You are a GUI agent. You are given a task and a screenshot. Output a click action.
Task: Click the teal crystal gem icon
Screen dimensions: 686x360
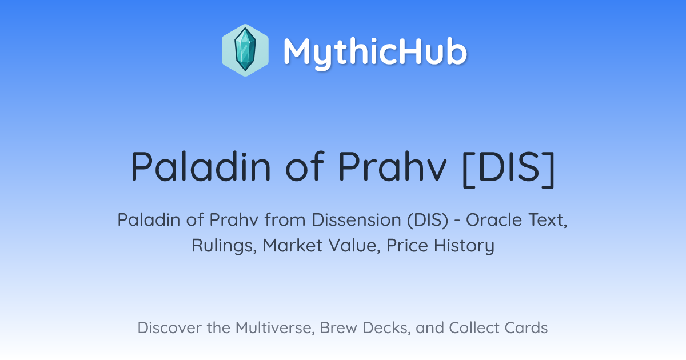tap(245, 50)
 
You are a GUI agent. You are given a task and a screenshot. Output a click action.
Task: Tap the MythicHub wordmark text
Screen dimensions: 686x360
tap(376, 52)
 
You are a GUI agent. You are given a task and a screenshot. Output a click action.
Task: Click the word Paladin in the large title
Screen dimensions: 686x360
tap(201, 167)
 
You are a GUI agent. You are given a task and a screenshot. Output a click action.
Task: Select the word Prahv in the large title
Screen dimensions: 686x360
tap(392, 167)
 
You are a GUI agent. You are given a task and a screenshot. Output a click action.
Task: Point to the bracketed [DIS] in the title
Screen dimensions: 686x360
tap(509, 169)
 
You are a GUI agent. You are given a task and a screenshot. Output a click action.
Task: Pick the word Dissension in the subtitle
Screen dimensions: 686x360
tap(357, 220)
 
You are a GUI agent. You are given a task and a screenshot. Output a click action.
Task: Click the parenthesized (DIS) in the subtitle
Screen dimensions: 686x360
tap(428, 220)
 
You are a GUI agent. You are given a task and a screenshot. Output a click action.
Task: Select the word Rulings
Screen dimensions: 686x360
tap(224, 246)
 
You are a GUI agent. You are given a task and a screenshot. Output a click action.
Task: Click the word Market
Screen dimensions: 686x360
tap(293, 245)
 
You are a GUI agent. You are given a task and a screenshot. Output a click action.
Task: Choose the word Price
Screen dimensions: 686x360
tap(407, 245)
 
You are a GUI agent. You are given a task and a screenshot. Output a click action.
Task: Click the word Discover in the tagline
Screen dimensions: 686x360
tap(169, 327)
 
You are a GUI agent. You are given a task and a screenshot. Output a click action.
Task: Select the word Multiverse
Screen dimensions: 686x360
tap(276, 328)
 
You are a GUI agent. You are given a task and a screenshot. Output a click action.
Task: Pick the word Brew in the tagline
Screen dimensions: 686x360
tap(338, 327)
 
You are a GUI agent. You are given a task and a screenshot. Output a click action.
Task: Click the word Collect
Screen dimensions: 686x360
tap(474, 327)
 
